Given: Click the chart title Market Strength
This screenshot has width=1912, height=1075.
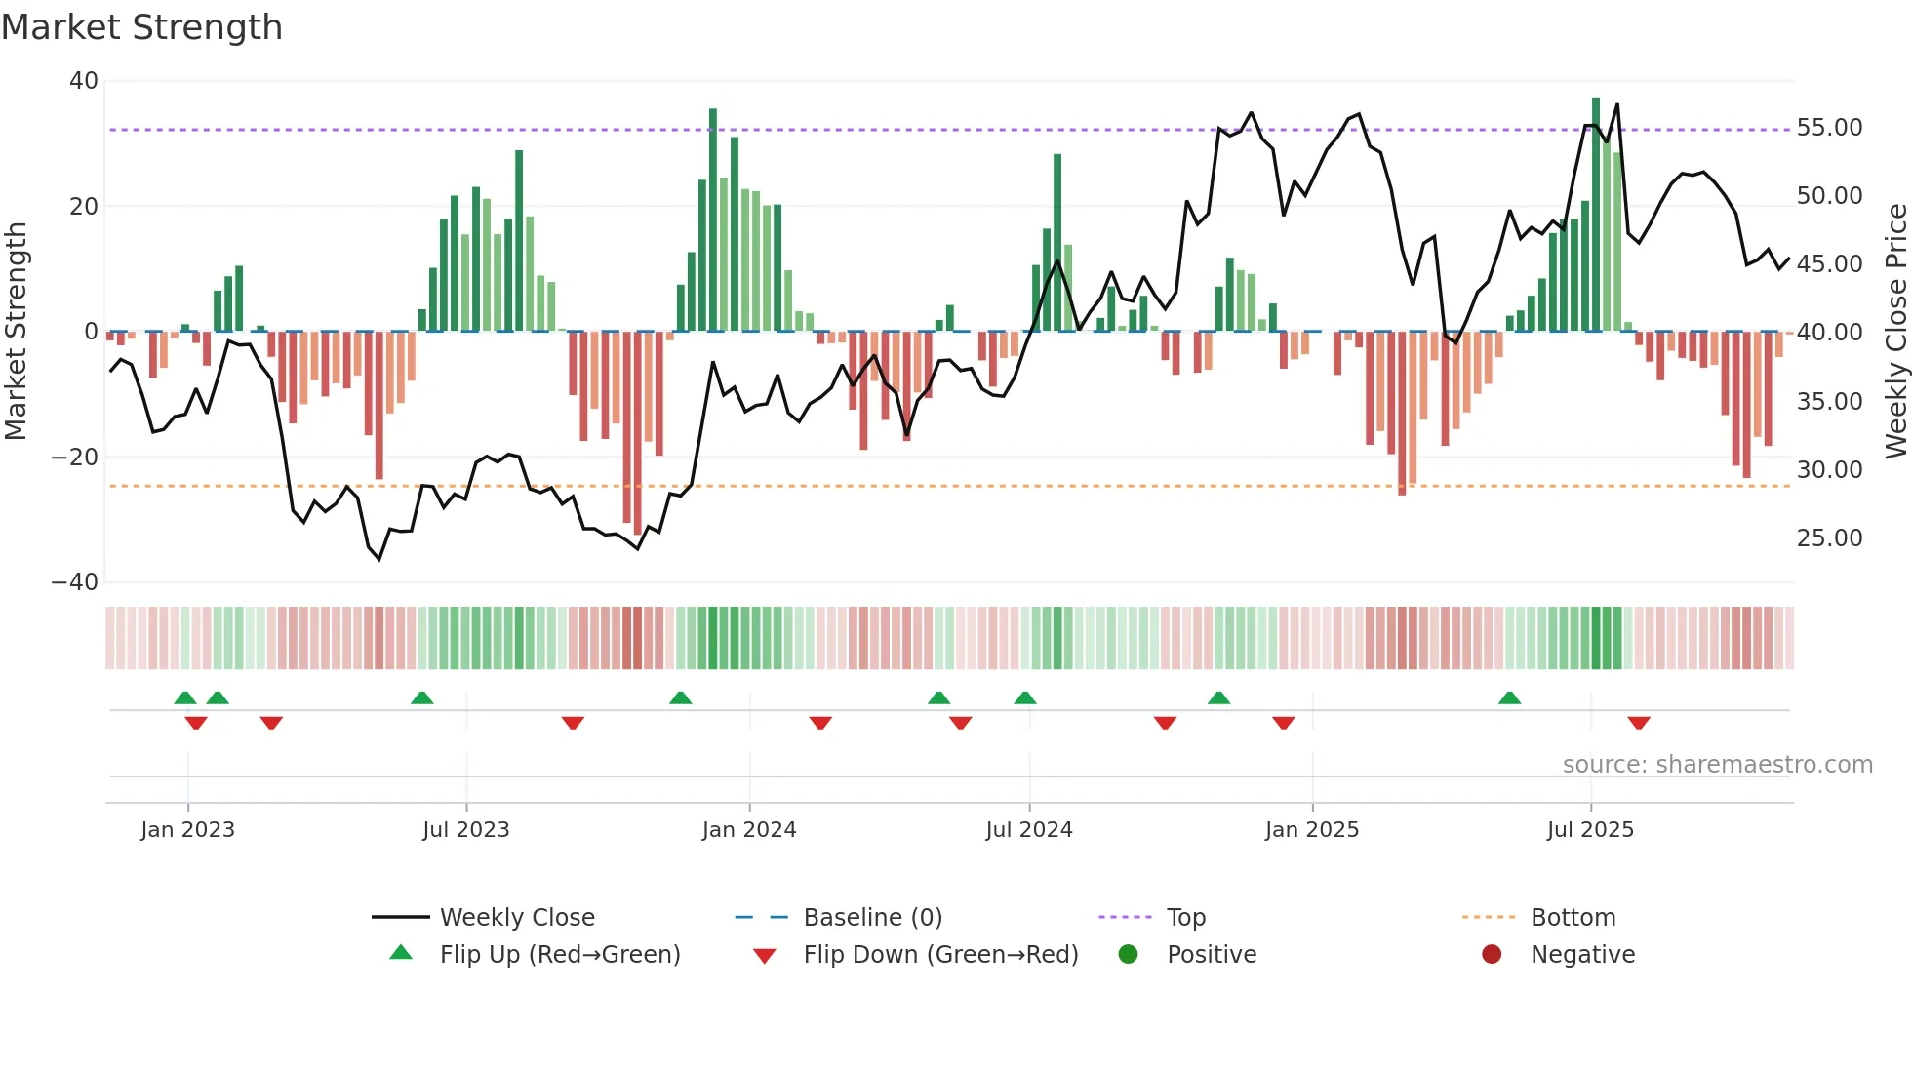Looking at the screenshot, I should pyautogui.click(x=141, y=27).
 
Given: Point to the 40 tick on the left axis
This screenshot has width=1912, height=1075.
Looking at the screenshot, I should pyautogui.click(x=84, y=81).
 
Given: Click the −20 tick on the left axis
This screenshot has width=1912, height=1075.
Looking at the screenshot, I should pyautogui.click(x=75, y=458).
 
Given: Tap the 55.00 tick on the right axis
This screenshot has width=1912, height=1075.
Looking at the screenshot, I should pyautogui.click(x=1829, y=128).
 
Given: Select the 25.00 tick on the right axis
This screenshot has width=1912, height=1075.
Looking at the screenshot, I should pyautogui.click(x=1829, y=538).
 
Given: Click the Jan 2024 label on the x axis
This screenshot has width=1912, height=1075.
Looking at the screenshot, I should pyautogui.click(x=748, y=830).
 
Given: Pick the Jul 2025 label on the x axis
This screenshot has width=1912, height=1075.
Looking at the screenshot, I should pyautogui.click(x=1589, y=830).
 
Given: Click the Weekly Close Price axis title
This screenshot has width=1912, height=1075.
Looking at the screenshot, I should pyautogui.click(x=1895, y=332).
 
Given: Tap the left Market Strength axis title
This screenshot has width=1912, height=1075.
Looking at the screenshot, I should pyautogui.click(x=16, y=332).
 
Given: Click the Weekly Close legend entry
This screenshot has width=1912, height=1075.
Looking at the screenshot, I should pyautogui.click(x=516, y=918).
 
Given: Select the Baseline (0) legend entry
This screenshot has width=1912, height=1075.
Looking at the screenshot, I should pyautogui.click(x=872, y=918).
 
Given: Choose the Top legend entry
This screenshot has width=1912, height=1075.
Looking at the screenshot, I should pyautogui.click(x=1185, y=918).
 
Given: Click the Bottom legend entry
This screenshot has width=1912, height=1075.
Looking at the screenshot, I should pyautogui.click(x=1573, y=918).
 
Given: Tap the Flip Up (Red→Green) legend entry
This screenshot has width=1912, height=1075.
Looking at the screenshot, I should pyautogui.click(x=559, y=955).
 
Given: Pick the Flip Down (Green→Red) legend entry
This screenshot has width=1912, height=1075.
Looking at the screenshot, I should pyautogui.click(x=939, y=955).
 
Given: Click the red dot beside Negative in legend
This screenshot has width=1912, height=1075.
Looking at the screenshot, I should pyautogui.click(x=1491, y=955).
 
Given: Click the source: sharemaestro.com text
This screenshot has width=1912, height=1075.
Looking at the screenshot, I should pyautogui.click(x=1717, y=765).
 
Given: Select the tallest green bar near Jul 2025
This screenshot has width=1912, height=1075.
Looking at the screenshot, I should pyautogui.click(x=1596, y=215).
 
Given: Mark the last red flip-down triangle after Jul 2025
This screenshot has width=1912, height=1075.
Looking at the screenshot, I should pyautogui.click(x=1638, y=723).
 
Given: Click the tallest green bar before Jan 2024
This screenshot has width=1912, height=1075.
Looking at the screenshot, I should pyautogui.click(x=713, y=219).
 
